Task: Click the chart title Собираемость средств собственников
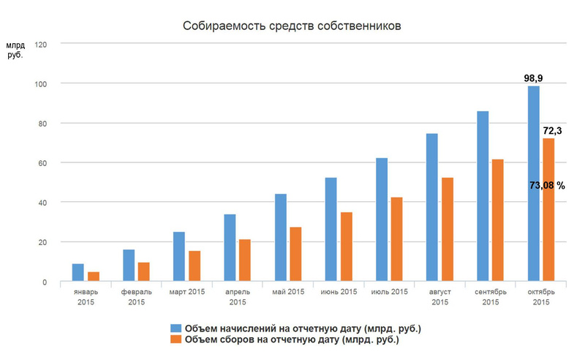(x=292, y=27)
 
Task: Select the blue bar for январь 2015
(x=78, y=272)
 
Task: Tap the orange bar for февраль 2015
(x=144, y=271)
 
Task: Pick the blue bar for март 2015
(x=179, y=257)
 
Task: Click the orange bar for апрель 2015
(x=245, y=260)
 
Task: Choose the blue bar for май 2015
(x=280, y=238)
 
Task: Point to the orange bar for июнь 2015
(x=346, y=247)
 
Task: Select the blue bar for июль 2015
(x=381, y=220)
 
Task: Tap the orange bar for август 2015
(x=447, y=230)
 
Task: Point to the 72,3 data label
(x=552, y=130)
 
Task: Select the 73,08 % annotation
(x=547, y=186)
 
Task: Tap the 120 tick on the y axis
(x=40, y=44)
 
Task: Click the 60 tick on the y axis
(x=42, y=163)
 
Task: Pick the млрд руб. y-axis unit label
(x=15, y=51)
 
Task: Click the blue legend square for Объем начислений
(x=175, y=327)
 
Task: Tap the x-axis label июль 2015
(x=389, y=293)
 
